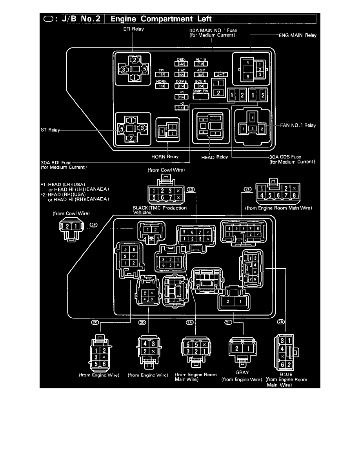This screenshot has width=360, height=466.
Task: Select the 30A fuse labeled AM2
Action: click(201, 74)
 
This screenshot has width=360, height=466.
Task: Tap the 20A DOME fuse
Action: click(181, 86)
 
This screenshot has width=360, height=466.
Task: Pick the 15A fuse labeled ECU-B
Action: click(201, 86)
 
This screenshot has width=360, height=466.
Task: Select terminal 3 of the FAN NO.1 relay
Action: click(253, 117)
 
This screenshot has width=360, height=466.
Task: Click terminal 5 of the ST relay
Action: click(122, 128)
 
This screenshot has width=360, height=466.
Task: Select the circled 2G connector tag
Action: click(191, 189)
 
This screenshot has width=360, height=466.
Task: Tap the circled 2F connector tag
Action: click(93, 225)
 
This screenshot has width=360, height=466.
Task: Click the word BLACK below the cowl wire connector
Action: click(142, 208)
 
